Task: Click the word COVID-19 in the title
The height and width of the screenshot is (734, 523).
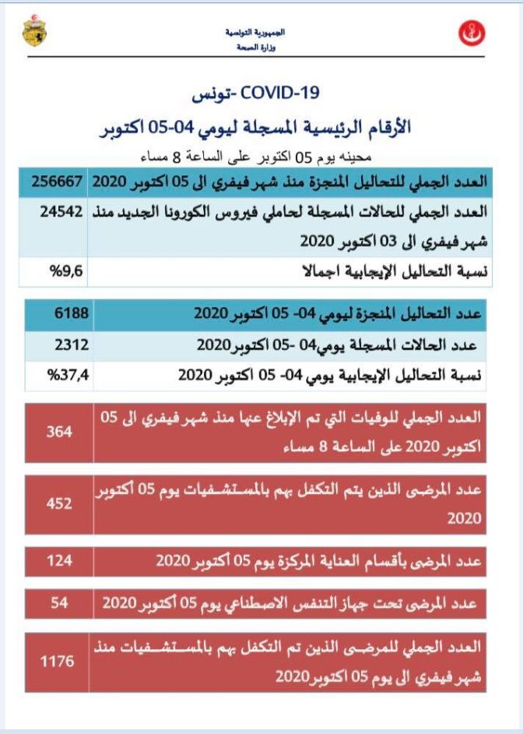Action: (x=281, y=94)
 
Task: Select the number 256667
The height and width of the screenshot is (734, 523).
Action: (x=59, y=181)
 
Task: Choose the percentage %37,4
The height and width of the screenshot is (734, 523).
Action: (x=67, y=374)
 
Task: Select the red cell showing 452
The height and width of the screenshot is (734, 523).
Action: (x=59, y=503)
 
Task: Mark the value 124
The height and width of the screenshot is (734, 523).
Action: (x=59, y=561)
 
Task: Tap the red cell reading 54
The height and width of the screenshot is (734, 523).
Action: (x=59, y=602)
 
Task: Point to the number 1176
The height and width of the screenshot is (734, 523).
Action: (x=59, y=662)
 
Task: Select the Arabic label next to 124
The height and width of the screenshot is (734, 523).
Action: (x=320, y=561)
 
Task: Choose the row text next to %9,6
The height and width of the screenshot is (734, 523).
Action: (x=392, y=272)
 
